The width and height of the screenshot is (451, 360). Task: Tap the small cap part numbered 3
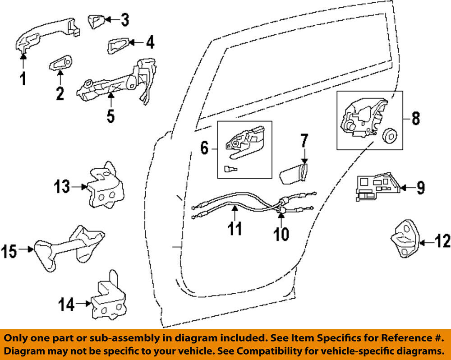pyautogui.click(x=96, y=21)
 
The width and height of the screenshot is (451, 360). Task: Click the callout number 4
pyautogui.click(x=150, y=43)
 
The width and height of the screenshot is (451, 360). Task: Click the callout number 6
pyautogui.click(x=204, y=148)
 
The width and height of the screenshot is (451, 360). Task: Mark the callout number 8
pyautogui.click(x=415, y=118)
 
